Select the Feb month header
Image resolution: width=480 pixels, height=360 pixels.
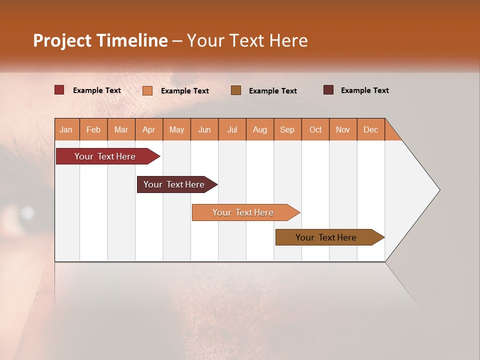tap(93, 129)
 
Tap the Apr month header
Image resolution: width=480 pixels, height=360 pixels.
tap(149, 129)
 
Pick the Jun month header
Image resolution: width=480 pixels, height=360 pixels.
tap(204, 129)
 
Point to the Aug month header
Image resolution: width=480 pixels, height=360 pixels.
tap(260, 129)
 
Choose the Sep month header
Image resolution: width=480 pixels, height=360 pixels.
tap(287, 129)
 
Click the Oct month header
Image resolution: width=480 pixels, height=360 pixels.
tap(315, 129)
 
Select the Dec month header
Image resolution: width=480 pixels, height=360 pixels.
tap(371, 129)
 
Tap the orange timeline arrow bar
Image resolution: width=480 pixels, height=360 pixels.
tap(244, 212)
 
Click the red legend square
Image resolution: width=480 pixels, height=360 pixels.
tap(59, 90)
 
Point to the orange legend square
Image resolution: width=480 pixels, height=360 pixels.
tap(147, 90)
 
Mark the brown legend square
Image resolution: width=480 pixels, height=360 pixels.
tap(236, 90)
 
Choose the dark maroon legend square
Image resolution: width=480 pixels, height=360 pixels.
tap(328, 90)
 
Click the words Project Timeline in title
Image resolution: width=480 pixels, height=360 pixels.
tap(100, 40)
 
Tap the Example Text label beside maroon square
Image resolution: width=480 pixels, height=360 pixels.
tap(364, 90)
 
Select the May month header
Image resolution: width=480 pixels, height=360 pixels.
tap(176, 129)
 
